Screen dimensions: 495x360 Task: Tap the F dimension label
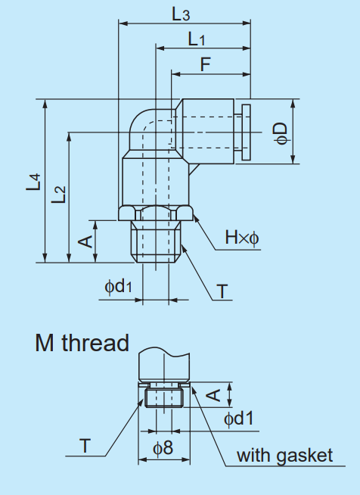coord(205,64)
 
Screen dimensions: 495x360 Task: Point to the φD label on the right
coord(281,130)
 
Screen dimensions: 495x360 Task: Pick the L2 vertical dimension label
coord(59,195)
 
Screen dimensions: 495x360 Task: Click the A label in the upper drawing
coord(86,241)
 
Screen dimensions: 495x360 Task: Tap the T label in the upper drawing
coord(222,291)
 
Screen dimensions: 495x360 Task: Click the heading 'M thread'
coord(82,343)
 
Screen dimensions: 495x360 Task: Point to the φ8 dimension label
coord(163,447)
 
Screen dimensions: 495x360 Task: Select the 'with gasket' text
coord(284,455)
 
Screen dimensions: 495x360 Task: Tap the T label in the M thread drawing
coord(85,447)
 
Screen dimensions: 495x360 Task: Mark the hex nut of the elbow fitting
coord(157,213)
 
